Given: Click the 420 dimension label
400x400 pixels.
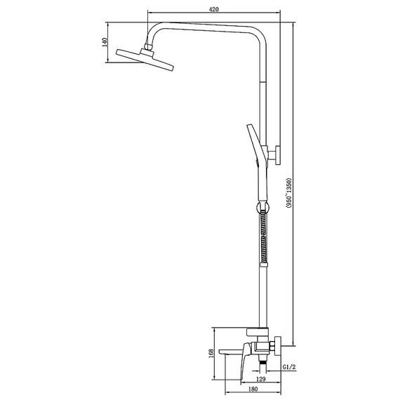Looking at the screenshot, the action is tap(214, 9).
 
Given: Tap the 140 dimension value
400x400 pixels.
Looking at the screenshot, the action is tap(105, 42).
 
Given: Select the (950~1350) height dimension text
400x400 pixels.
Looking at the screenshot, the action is tap(288, 193).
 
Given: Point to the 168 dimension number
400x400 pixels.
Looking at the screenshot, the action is tap(211, 354).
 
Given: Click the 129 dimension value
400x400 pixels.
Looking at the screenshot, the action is tap(260, 379).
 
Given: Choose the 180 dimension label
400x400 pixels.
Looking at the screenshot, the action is tap(253, 389).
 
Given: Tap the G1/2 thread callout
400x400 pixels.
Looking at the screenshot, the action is tap(289, 367).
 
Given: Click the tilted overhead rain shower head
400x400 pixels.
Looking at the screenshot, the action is tap(145, 60).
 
